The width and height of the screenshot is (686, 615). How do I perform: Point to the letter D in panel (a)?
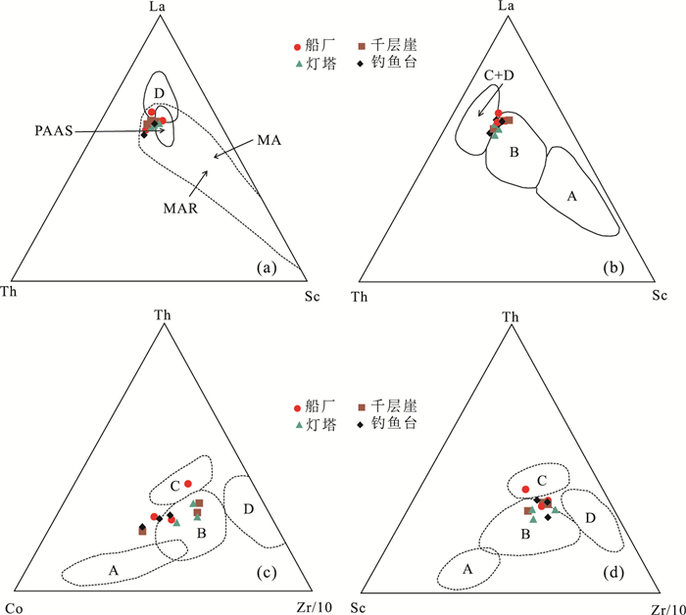coord(159,92)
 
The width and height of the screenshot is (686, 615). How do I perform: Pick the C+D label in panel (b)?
coord(500,74)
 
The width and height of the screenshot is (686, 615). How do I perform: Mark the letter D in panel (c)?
coord(249,508)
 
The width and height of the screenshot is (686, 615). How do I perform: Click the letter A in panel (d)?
coord(467,569)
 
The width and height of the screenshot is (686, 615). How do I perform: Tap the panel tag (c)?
coord(267,576)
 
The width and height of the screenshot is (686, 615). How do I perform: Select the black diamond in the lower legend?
coord(361,425)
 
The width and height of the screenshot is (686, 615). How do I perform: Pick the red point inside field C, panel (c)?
coord(188,484)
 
